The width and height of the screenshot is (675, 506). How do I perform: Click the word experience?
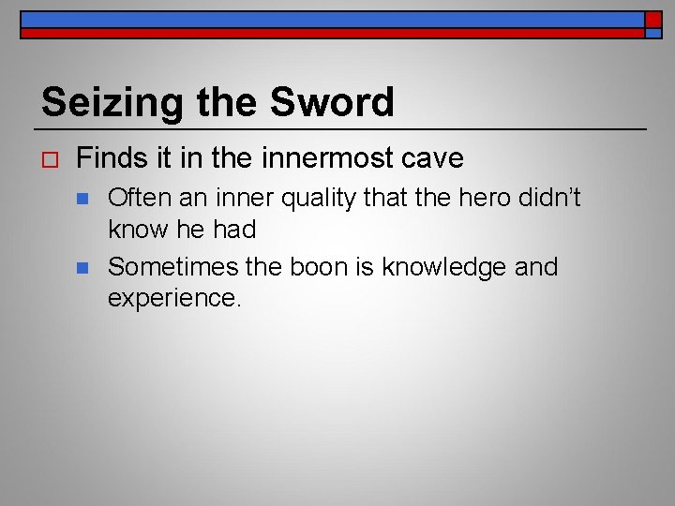[x=174, y=299]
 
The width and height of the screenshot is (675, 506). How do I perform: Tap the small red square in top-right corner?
[x=653, y=19]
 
